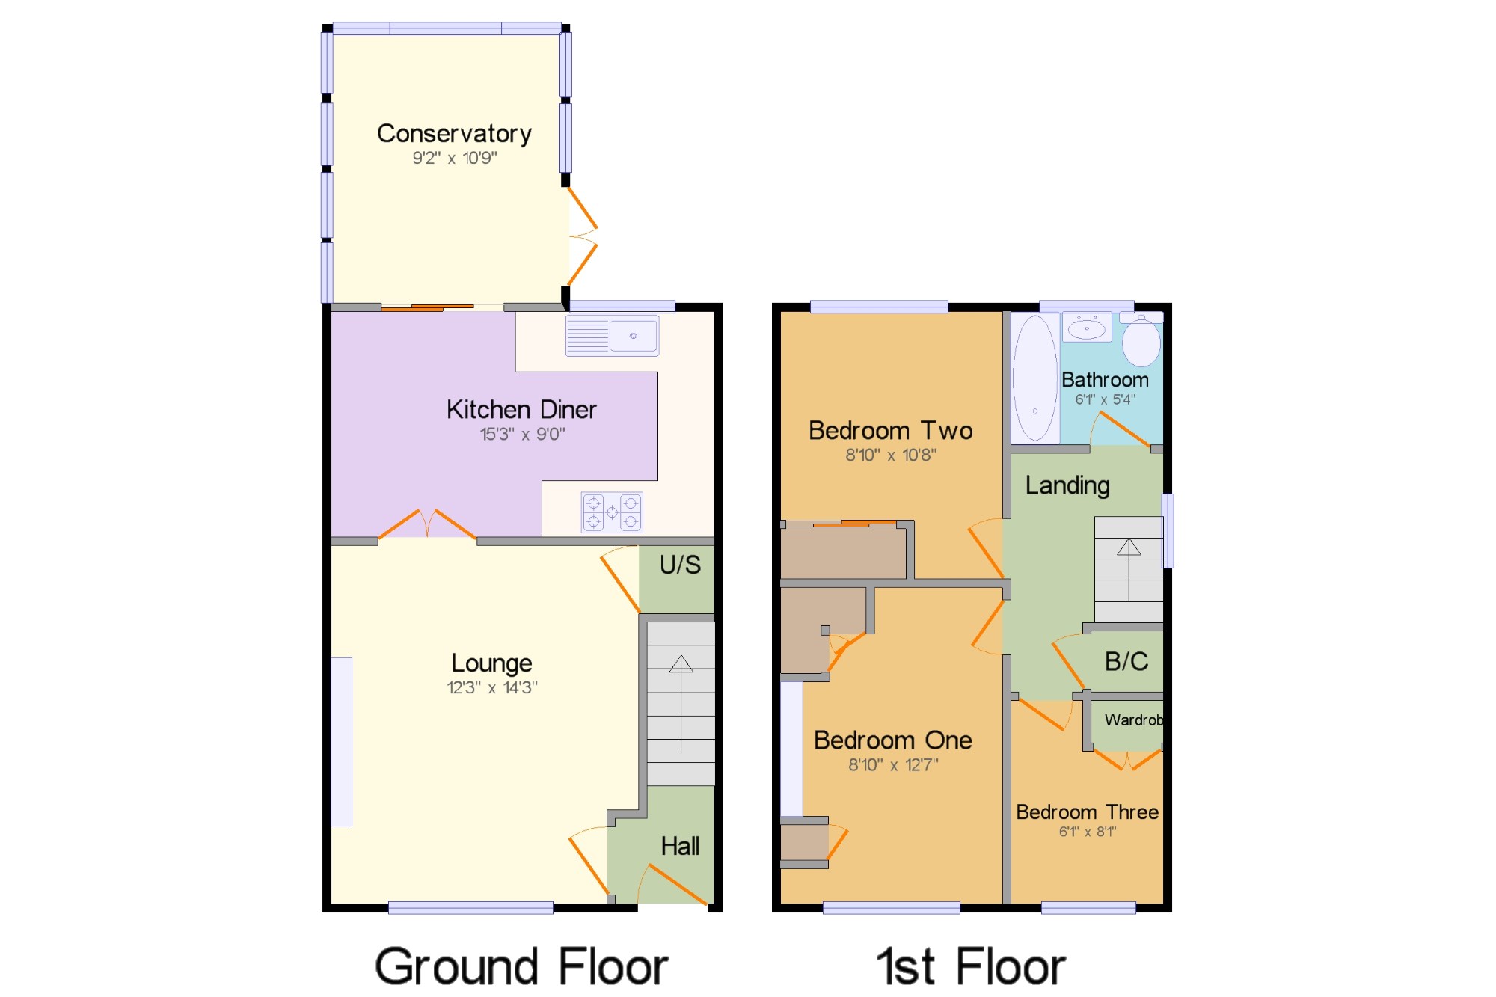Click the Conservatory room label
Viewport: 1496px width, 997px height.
[454, 133]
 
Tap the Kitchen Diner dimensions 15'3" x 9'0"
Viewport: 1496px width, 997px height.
[522, 434]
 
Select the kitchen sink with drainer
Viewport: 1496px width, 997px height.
[612, 335]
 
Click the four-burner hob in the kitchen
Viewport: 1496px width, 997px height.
[612, 512]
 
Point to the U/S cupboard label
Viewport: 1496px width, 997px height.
[680, 565]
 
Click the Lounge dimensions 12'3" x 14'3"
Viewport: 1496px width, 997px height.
[492, 687]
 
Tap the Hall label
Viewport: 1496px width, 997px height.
[680, 846]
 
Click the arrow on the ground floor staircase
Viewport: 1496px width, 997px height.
[681, 703]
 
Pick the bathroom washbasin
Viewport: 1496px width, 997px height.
[1087, 328]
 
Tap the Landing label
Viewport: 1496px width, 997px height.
[1067, 486]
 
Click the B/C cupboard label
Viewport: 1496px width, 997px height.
[1126, 661]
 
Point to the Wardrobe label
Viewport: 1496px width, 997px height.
[1134, 720]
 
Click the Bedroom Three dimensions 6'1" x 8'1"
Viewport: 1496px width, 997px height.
[1088, 832]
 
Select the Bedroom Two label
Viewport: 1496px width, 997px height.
[891, 430]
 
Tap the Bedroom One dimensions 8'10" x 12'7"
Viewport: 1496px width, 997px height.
[893, 764]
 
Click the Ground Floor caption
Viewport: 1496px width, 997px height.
[521, 966]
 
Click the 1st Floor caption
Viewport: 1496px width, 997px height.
[971, 966]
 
